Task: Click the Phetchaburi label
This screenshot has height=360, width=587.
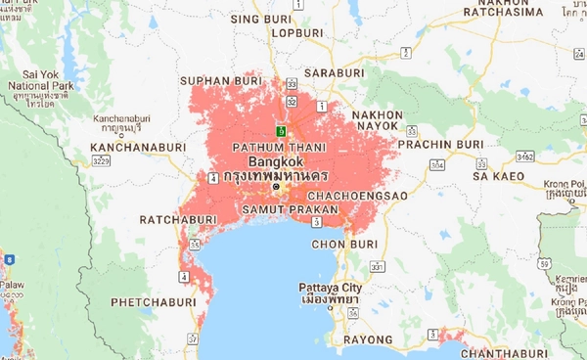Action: click(x=152, y=301)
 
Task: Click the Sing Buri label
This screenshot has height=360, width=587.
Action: click(x=258, y=19)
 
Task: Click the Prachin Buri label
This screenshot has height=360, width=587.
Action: click(x=453, y=144)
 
